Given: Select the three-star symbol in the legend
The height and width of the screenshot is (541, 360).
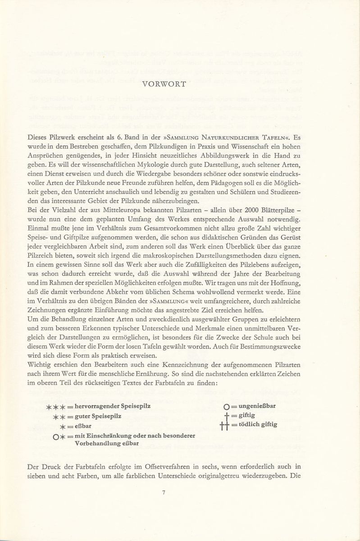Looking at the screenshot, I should point(56,407).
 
